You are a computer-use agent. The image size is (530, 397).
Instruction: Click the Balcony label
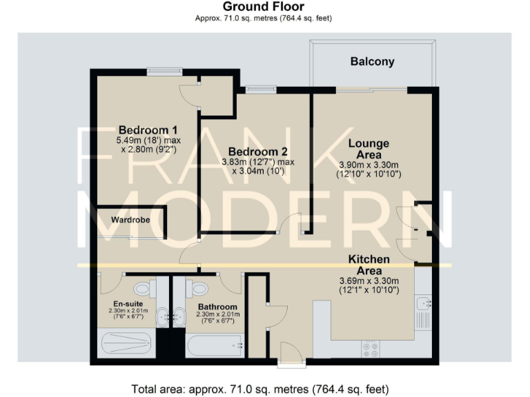click(372, 61)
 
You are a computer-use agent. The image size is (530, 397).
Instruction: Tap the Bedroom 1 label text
click(148, 130)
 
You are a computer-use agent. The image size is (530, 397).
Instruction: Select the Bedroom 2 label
click(257, 152)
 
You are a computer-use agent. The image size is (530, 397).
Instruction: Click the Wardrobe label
click(132, 221)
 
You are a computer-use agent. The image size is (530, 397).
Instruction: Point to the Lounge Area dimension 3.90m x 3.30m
click(369, 165)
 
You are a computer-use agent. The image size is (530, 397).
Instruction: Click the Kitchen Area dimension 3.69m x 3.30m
click(369, 281)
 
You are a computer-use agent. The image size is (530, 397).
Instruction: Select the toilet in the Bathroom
click(200, 288)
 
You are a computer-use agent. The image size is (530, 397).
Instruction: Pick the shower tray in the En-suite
click(128, 343)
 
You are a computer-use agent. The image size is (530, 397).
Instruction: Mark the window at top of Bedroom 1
click(164, 70)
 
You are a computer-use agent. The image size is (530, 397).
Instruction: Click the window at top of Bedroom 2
click(259, 88)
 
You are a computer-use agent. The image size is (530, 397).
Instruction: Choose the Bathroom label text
click(217, 307)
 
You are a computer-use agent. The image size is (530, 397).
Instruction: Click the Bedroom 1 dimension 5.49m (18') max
click(148, 141)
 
